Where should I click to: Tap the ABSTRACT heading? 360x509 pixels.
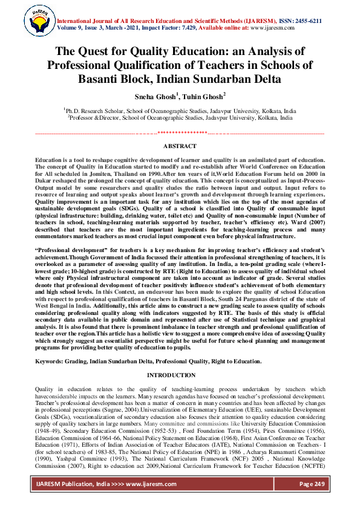click(x=180, y=146)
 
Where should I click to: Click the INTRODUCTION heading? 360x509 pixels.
click(x=180, y=375)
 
